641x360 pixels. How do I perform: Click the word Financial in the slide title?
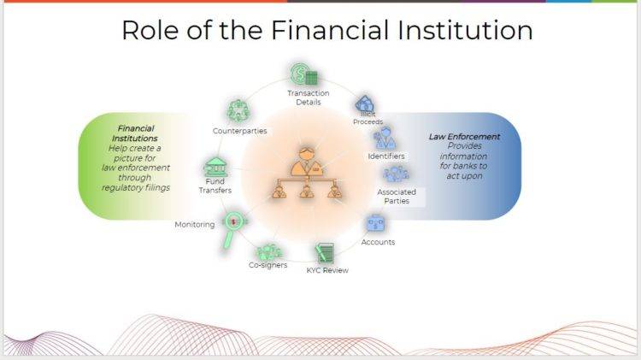coord(330,30)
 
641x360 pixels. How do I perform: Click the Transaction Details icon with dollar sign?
coord(303,75)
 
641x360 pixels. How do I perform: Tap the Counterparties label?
coord(239,131)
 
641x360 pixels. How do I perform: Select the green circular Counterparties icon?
coord(238,111)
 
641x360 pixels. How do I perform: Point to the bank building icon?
coord(215,167)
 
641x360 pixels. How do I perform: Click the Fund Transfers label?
coord(215,186)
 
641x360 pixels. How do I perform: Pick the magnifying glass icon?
coord(233,229)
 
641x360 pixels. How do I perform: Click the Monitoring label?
coord(195,225)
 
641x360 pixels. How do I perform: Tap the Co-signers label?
coord(268,265)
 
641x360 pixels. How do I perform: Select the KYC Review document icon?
coord(325,253)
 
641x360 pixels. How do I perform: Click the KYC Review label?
coord(327,270)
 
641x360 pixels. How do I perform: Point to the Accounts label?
coord(378,242)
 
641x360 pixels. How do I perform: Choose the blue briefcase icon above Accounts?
coord(376,223)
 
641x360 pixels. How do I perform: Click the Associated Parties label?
coord(397,197)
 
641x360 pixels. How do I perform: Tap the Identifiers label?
coord(386,156)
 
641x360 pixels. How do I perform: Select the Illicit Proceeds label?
coord(368,118)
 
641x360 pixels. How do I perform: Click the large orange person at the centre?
coord(307,162)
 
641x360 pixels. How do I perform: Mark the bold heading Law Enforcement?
coord(464,137)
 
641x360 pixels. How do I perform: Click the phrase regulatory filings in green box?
coord(136,188)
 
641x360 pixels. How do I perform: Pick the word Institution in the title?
coord(465,30)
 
